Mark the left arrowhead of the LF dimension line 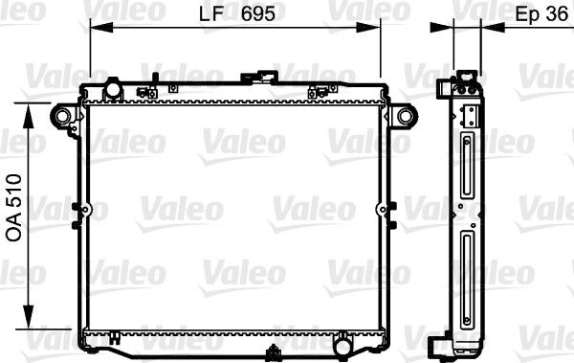click(x=95, y=30)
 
